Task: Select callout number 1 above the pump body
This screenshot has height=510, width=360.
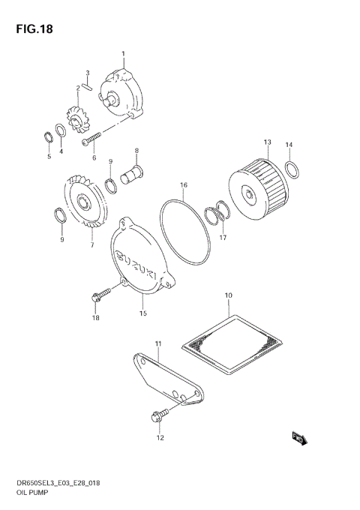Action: coord(124,54)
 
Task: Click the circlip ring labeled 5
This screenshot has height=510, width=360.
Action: coord(46,136)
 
